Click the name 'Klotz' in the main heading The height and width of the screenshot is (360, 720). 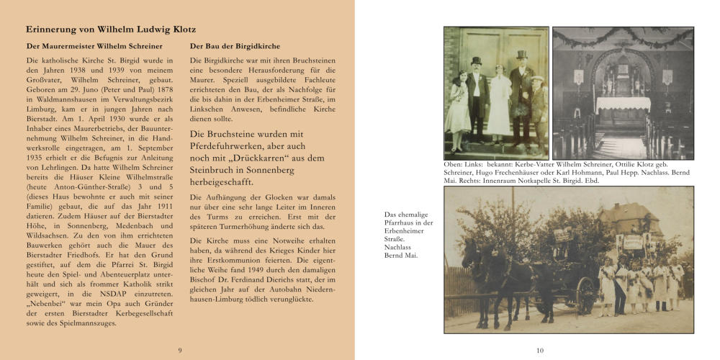173,30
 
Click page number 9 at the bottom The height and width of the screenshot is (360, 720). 179,351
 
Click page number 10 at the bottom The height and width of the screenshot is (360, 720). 540,351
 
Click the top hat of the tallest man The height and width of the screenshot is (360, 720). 521,55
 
